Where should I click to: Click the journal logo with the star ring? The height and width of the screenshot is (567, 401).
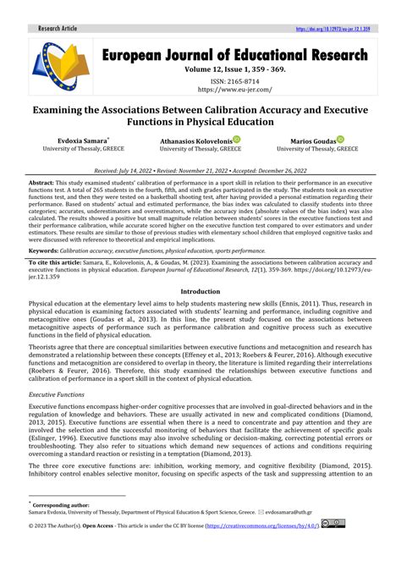(x=60, y=68)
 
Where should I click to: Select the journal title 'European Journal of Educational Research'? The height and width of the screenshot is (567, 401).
(x=235, y=55)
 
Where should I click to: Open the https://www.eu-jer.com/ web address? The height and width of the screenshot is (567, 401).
(x=235, y=88)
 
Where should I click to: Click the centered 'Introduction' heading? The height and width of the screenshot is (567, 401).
(x=200, y=291)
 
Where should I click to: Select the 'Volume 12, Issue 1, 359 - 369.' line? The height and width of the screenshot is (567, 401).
(x=235, y=69)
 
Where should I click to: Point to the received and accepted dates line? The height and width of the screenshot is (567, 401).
(x=200, y=169)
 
